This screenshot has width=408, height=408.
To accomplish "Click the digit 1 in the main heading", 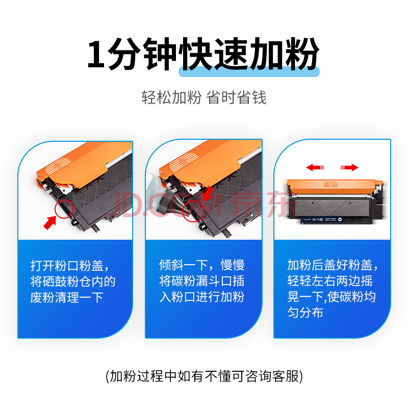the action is click(x=96, y=55).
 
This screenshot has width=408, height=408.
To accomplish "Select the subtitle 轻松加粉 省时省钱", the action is click(x=204, y=97).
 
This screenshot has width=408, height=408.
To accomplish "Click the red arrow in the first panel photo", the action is click(x=49, y=222).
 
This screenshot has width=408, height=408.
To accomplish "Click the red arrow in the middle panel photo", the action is click(x=208, y=193).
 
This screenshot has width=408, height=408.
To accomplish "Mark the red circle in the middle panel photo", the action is click(x=193, y=211).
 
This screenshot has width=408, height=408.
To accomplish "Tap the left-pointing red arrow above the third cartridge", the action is click(x=315, y=167).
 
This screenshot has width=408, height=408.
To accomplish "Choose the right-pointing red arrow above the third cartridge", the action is click(x=349, y=167).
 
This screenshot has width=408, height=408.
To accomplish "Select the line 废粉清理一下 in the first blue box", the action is click(x=67, y=298).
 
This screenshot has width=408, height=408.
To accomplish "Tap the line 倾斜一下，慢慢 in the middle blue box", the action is click(x=201, y=265).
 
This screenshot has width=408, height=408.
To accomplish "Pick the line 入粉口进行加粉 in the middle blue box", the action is click(x=201, y=297).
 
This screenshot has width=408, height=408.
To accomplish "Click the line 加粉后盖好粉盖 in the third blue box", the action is click(x=330, y=265).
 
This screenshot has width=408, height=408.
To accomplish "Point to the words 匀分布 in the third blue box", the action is click(x=305, y=312).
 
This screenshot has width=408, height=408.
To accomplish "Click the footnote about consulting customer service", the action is click(x=205, y=376).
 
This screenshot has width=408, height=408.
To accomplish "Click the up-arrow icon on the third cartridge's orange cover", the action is click(x=330, y=185).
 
